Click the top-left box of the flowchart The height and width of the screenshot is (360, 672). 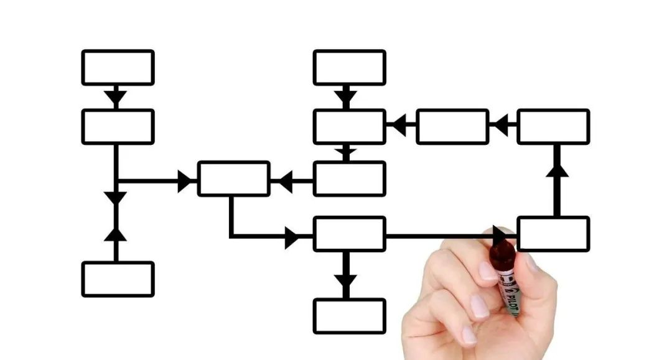pyautogui.click(x=118, y=67)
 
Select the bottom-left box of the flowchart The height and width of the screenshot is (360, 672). pyautogui.click(x=118, y=279)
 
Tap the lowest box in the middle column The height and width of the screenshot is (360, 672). pyautogui.click(x=349, y=316)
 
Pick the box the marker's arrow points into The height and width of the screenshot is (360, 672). pyautogui.click(x=553, y=234)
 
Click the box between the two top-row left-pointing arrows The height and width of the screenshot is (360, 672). pyautogui.click(x=452, y=126)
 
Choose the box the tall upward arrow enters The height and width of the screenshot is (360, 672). pyautogui.click(x=553, y=126)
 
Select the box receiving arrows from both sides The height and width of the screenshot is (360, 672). pyautogui.click(x=233, y=178)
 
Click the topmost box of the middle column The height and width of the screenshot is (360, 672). pyautogui.click(x=349, y=67)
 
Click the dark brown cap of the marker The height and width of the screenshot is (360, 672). pyautogui.click(x=502, y=254)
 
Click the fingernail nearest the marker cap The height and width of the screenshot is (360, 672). pyautogui.click(x=488, y=270)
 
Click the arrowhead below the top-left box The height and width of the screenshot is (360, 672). pyautogui.click(x=116, y=98)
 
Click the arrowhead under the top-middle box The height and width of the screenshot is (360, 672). pyautogui.click(x=346, y=98)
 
